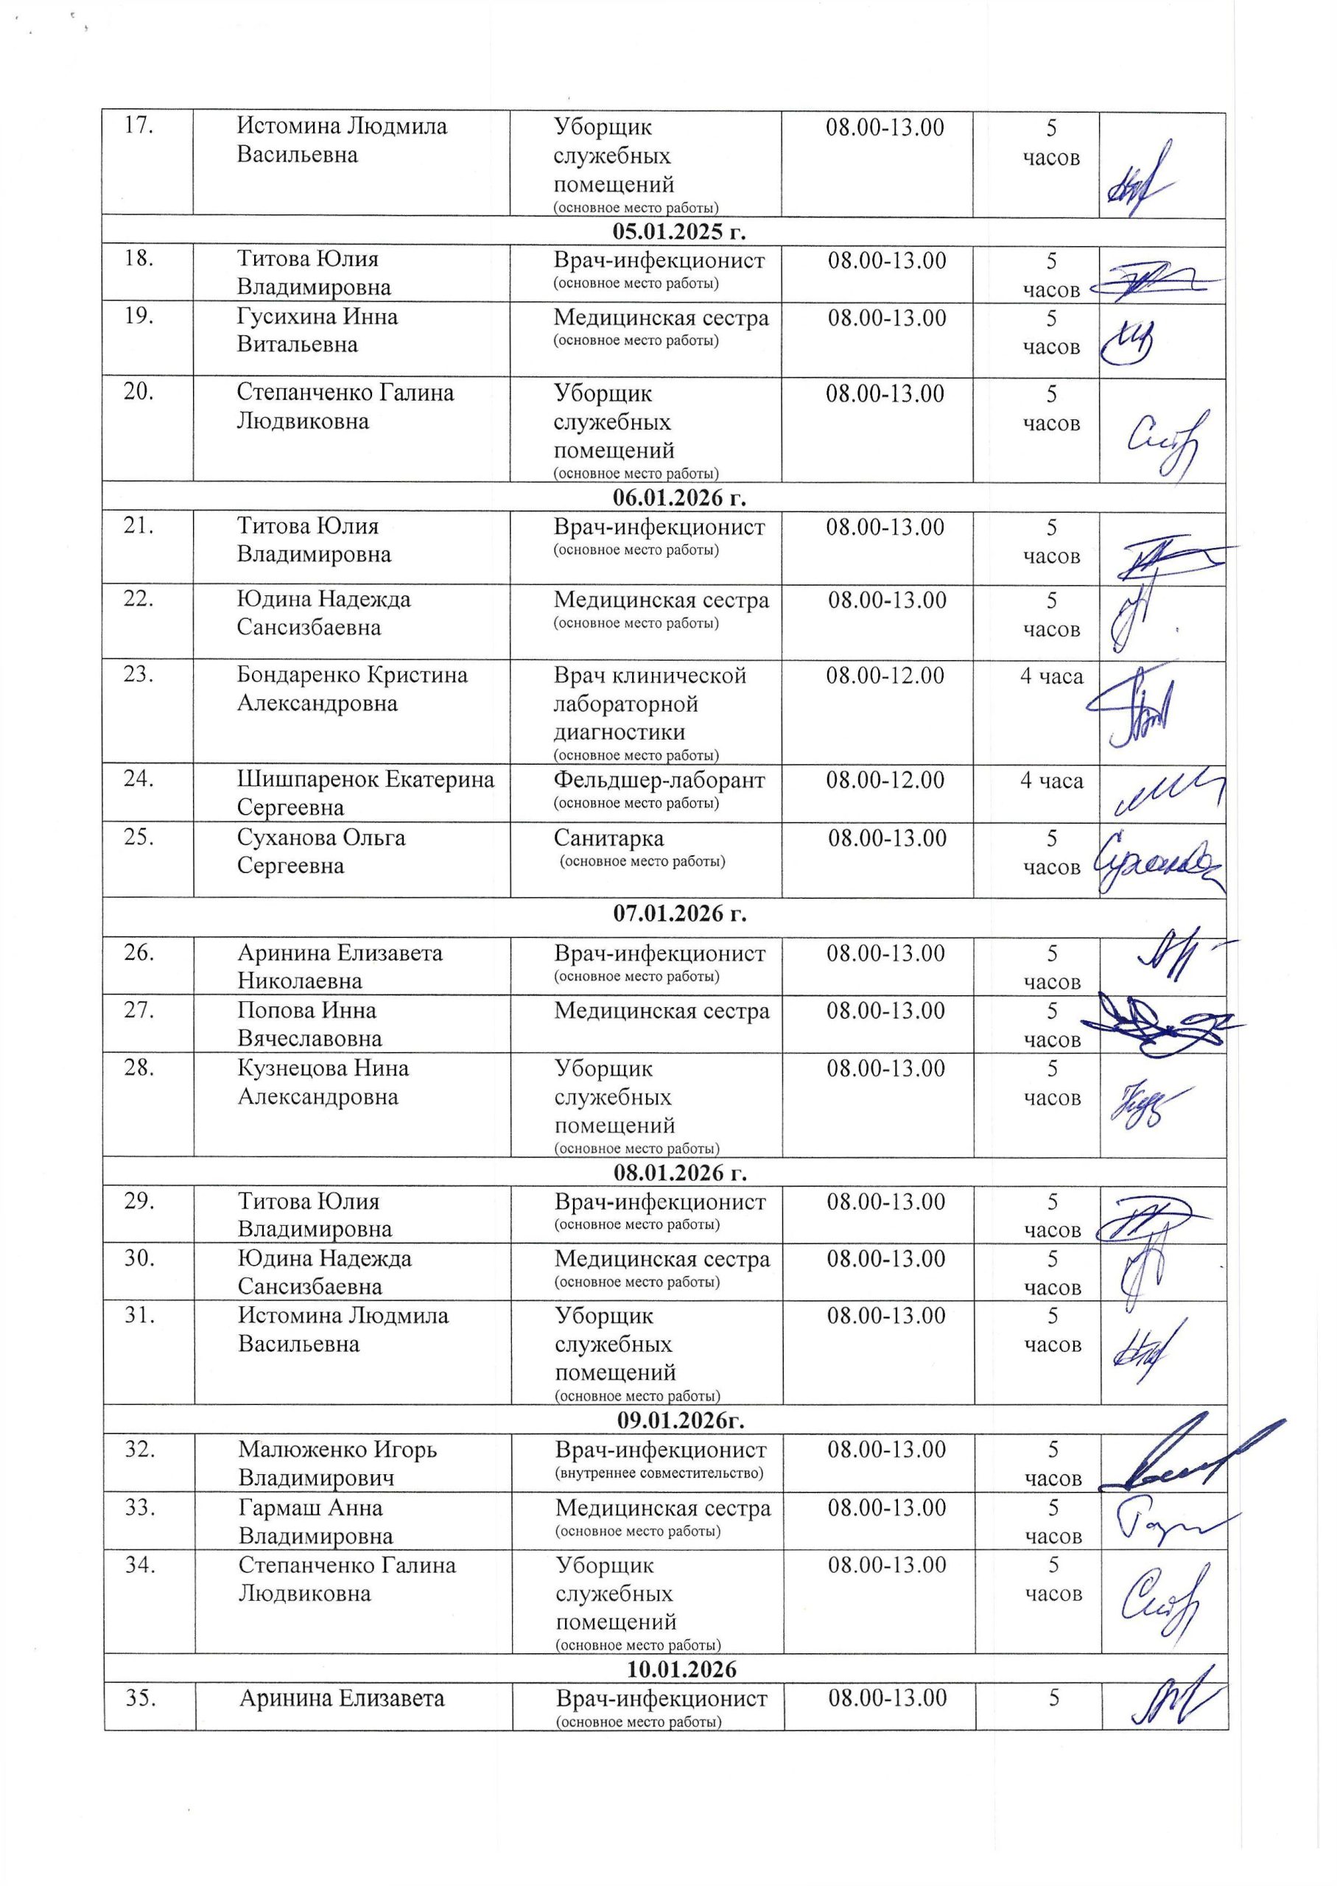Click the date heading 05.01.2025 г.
679,231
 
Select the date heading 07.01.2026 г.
679,913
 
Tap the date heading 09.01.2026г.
681,1420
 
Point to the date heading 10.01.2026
681,1669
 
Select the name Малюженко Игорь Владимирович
337,1463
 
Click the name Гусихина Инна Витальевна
317,330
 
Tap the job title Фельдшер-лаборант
659,779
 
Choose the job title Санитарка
608,838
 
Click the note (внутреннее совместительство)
659,1473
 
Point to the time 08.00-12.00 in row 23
885,676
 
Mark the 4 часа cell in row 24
1051,780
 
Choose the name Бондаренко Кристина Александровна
352,689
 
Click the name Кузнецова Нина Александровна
323,1082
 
